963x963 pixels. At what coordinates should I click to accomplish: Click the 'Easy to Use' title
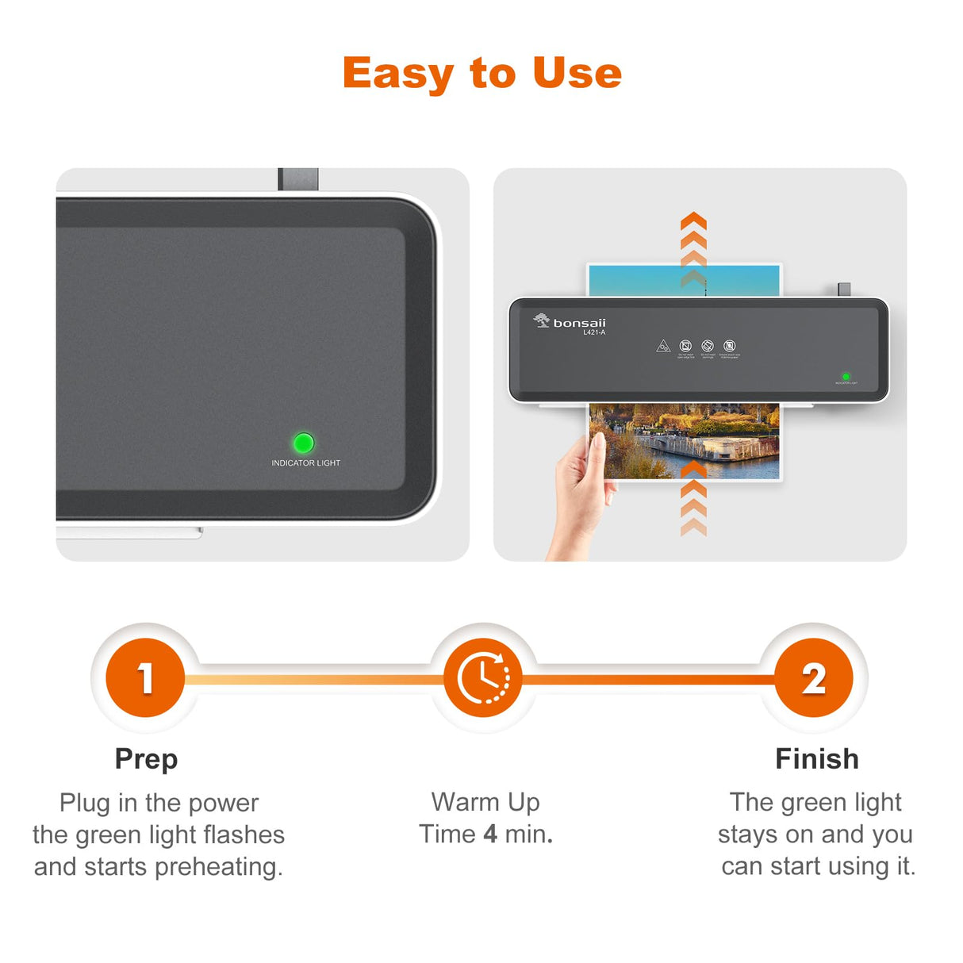(481, 73)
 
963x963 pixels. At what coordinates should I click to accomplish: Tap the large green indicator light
(303, 443)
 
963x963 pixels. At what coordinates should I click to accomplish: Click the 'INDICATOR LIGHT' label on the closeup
(305, 463)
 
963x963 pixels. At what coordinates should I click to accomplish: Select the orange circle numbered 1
(145, 678)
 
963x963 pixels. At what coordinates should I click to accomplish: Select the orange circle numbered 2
(813, 678)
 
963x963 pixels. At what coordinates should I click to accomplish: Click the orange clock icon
(482, 678)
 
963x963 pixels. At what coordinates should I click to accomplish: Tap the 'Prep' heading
(146, 759)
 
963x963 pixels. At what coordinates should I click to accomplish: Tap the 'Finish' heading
(816, 759)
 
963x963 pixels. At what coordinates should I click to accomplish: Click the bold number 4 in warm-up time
(490, 834)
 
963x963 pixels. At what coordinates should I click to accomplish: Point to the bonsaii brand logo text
(579, 323)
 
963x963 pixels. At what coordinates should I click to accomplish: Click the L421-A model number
(594, 333)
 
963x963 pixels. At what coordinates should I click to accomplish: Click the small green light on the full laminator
(846, 377)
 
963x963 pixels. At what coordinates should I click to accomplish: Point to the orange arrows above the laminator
(693, 246)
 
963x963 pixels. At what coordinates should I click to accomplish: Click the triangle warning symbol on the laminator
(663, 346)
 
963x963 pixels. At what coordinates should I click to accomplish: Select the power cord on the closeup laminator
(298, 179)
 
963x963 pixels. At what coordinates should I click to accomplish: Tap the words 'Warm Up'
(485, 802)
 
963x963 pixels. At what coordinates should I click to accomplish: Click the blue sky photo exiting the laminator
(635, 281)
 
